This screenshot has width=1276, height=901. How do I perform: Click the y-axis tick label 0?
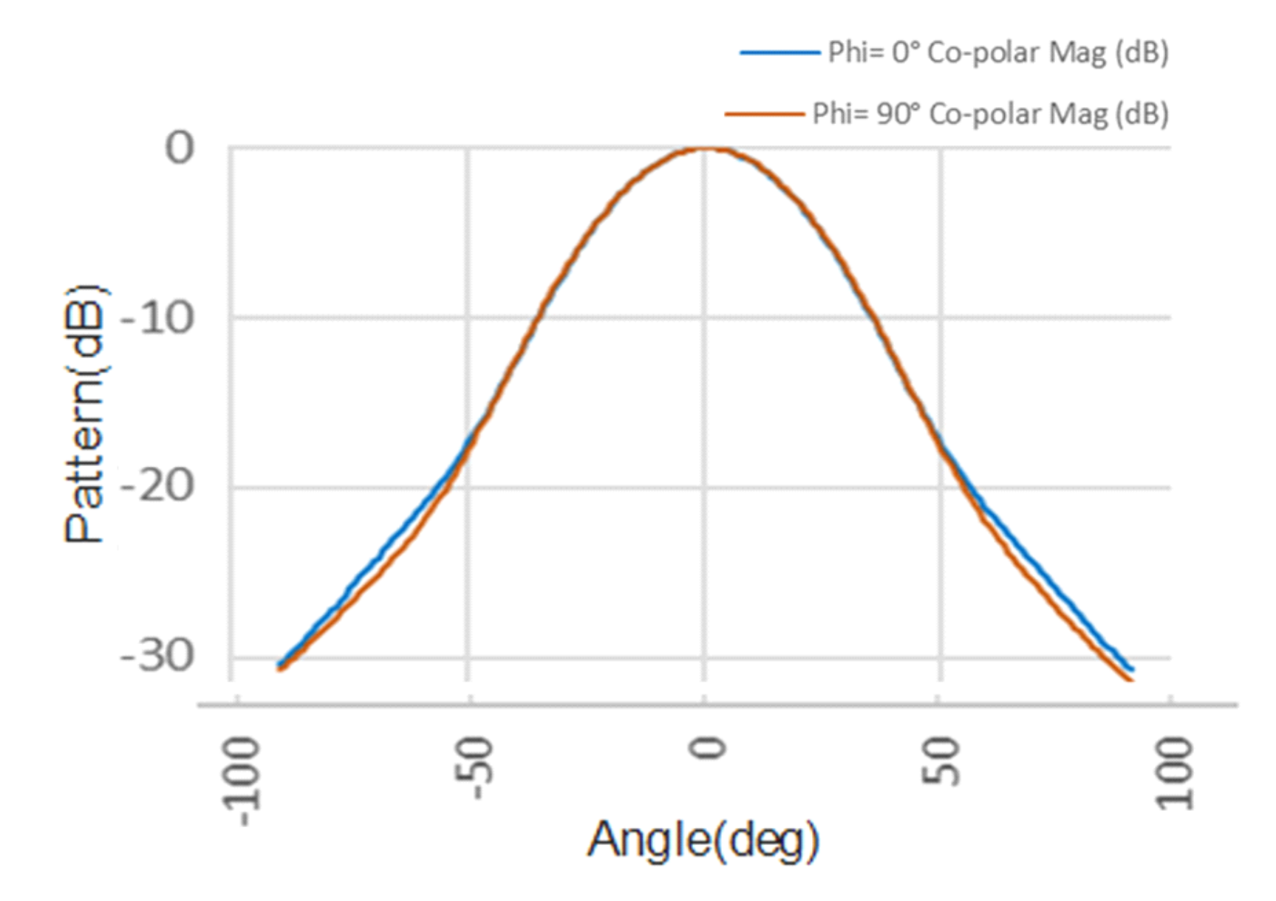tap(180, 148)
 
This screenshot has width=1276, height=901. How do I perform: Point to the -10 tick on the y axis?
tap(157, 319)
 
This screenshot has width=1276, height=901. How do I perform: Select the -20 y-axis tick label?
tap(157, 487)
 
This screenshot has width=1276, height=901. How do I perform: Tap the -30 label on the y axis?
tap(157, 656)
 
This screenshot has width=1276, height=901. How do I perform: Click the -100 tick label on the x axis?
tap(242, 781)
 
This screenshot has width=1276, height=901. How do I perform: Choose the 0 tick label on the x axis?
tap(706, 749)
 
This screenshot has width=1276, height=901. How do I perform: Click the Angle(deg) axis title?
tap(703, 840)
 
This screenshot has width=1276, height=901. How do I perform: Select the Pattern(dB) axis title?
tap(84, 414)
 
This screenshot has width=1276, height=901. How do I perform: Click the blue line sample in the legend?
tap(779, 52)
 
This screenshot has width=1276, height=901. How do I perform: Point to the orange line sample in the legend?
tap(764, 114)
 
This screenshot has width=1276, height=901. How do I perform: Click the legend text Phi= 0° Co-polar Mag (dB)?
tap(997, 52)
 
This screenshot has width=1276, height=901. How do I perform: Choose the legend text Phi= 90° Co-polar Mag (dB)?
tap(990, 114)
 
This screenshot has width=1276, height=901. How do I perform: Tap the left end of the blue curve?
tap(279, 665)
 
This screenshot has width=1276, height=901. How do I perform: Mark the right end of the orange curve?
tap(1130, 679)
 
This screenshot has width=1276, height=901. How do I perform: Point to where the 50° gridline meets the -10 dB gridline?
tap(941, 318)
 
